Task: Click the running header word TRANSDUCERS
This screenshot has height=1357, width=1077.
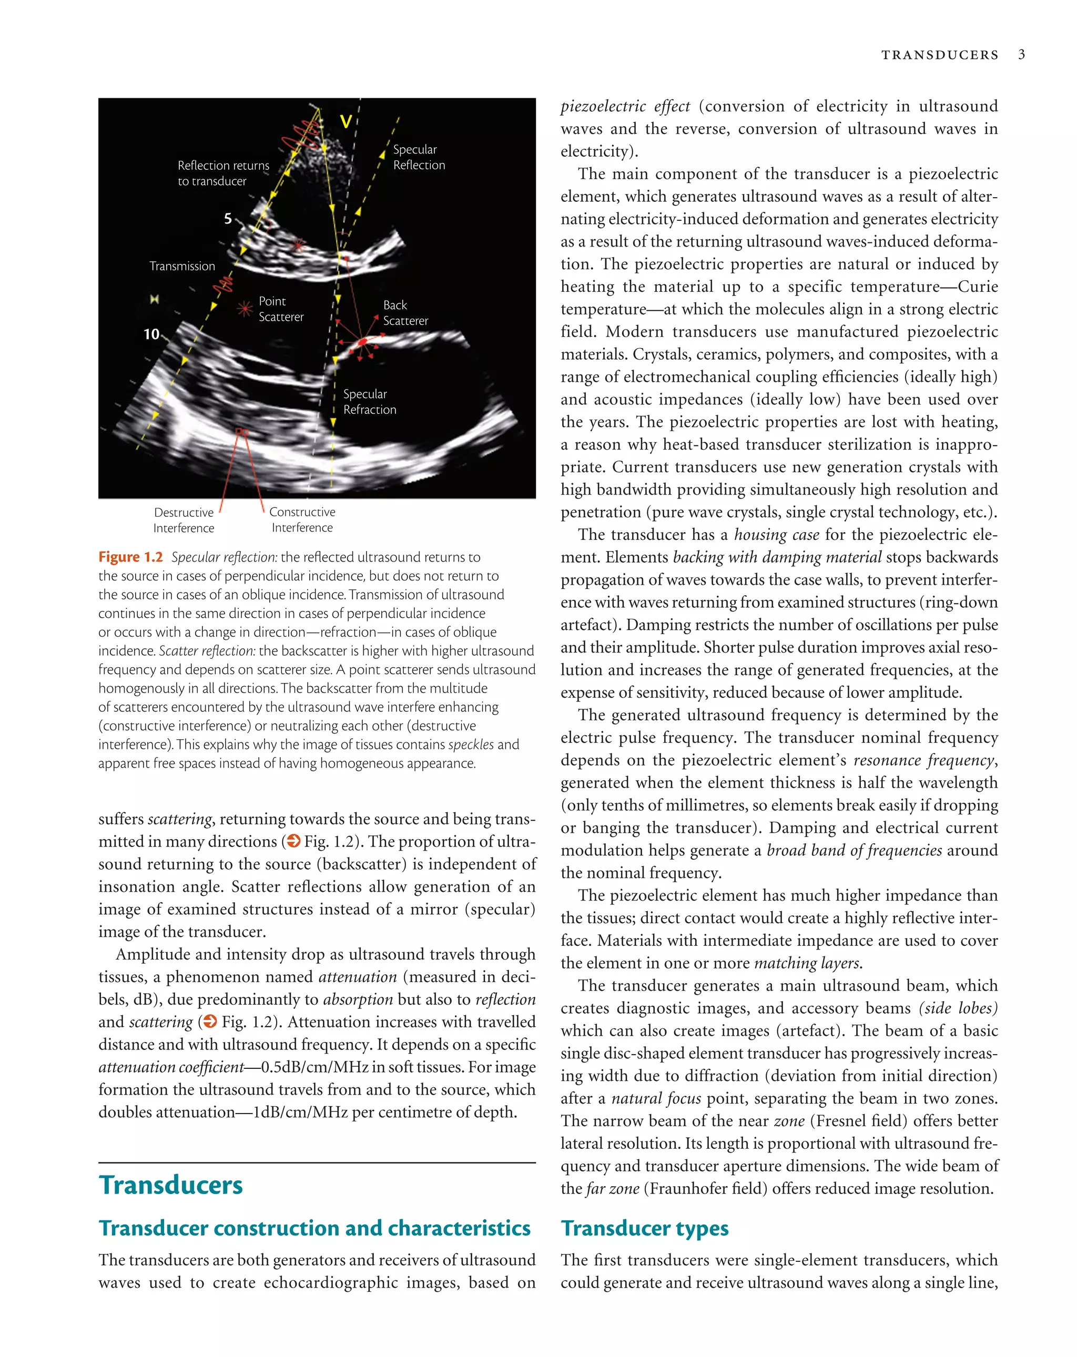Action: click(x=939, y=55)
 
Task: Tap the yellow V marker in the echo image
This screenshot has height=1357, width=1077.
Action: click(x=346, y=121)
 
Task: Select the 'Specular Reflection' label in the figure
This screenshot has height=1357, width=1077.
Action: click(x=419, y=157)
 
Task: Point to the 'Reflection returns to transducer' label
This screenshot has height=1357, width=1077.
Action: click(x=223, y=173)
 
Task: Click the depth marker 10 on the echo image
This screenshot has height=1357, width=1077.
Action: click(x=151, y=334)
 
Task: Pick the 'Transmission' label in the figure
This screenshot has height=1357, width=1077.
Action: click(x=182, y=266)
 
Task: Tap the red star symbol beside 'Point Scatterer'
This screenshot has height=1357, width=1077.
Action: click(x=244, y=309)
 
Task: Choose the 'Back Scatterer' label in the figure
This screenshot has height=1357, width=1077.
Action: click(x=405, y=313)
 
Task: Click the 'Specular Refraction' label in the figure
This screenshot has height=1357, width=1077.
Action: click(x=370, y=402)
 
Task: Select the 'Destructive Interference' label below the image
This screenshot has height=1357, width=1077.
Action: click(x=184, y=520)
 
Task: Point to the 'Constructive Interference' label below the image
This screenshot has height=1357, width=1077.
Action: click(x=302, y=520)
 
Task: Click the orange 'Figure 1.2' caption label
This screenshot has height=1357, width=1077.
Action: click(x=130, y=557)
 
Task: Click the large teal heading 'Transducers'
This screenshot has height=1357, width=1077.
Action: click(x=170, y=1185)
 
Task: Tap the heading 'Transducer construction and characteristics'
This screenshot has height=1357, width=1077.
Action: click(x=314, y=1228)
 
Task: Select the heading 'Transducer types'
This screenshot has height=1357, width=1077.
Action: click(x=645, y=1228)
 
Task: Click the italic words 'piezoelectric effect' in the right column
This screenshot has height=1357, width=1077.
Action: click(x=625, y=106)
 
